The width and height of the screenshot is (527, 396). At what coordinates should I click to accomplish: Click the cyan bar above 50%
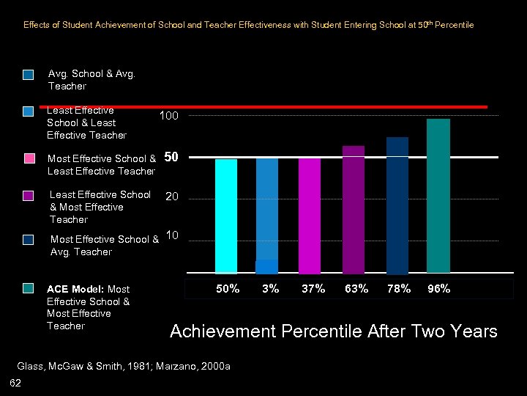pos(226,216)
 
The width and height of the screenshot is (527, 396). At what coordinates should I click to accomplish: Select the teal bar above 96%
pos(438,195)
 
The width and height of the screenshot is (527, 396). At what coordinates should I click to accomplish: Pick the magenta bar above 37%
pos(310,216)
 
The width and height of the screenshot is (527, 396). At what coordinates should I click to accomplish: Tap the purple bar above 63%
pos(354,209)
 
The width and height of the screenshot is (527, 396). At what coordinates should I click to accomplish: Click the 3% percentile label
pos(271,289)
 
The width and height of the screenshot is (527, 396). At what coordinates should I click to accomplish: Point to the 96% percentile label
pos(439,289)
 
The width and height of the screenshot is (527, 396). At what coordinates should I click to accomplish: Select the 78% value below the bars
pos(399,289)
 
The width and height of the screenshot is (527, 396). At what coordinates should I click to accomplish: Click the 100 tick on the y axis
pos(168,117)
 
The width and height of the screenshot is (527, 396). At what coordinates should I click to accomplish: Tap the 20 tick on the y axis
pos(172,197)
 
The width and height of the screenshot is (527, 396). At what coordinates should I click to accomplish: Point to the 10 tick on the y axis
pos(173,235)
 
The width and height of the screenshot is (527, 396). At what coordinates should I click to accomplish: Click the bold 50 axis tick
pos(172,157)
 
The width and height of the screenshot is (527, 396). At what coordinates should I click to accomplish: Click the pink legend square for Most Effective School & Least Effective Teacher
pos(29,158)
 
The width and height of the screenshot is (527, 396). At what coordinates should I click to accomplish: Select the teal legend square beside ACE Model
pos(29,289)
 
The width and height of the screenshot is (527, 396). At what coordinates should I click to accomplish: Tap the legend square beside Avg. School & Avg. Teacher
pos(29,74)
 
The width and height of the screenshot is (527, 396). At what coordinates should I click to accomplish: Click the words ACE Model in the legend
pos(75,289)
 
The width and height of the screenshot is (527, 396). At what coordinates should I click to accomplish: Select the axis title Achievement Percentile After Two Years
pos(333,331)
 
